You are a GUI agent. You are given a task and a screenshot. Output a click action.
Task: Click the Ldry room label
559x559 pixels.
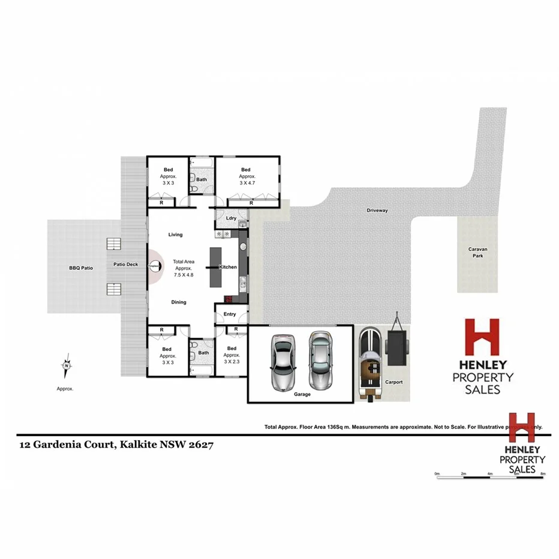point(230,218)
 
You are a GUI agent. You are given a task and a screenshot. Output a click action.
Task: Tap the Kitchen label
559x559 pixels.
point(229,267)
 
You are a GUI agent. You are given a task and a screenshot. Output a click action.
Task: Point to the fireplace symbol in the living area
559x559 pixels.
point(154,266)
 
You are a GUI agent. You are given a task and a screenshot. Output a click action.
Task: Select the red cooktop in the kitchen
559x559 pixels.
point(229,299)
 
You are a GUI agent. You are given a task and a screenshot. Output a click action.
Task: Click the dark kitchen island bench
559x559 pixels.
point(215,267)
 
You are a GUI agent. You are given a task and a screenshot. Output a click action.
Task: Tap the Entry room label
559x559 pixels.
point(230,314)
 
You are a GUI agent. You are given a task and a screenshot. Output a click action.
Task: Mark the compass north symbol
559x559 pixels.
point(67,365)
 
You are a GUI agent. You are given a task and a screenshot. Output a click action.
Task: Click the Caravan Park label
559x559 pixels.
point(476,253)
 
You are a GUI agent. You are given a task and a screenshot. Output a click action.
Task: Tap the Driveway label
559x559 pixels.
point(378,211)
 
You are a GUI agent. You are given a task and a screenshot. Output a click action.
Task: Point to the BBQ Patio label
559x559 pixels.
point(81,268)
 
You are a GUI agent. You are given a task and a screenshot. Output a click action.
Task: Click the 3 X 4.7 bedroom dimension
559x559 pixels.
point(247,184)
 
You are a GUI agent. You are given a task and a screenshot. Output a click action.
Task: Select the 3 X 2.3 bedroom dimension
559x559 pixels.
point(232,362)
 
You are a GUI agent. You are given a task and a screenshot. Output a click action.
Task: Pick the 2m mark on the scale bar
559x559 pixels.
point(463,474)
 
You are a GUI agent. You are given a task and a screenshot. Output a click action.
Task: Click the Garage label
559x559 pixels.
point(302,395)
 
